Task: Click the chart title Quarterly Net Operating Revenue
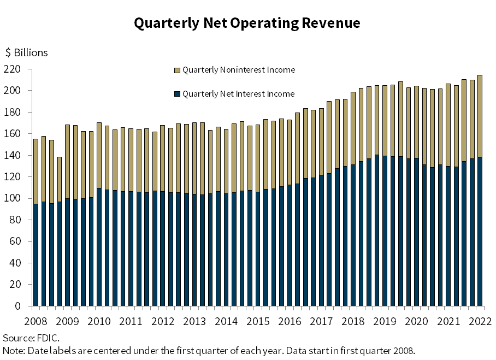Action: [x=247, y=23]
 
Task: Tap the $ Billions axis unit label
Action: [x=27, y=53]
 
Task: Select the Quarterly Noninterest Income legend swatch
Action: [x=176, y=70]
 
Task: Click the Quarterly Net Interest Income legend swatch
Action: [x=176, y=94]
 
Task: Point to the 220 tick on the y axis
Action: [x=12, y=69]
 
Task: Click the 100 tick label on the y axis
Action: [x=12, y=198]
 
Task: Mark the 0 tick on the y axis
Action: [x=17, y=306]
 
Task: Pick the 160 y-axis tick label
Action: [x=12, y=134]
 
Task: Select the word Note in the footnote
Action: [x=13, y=350]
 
